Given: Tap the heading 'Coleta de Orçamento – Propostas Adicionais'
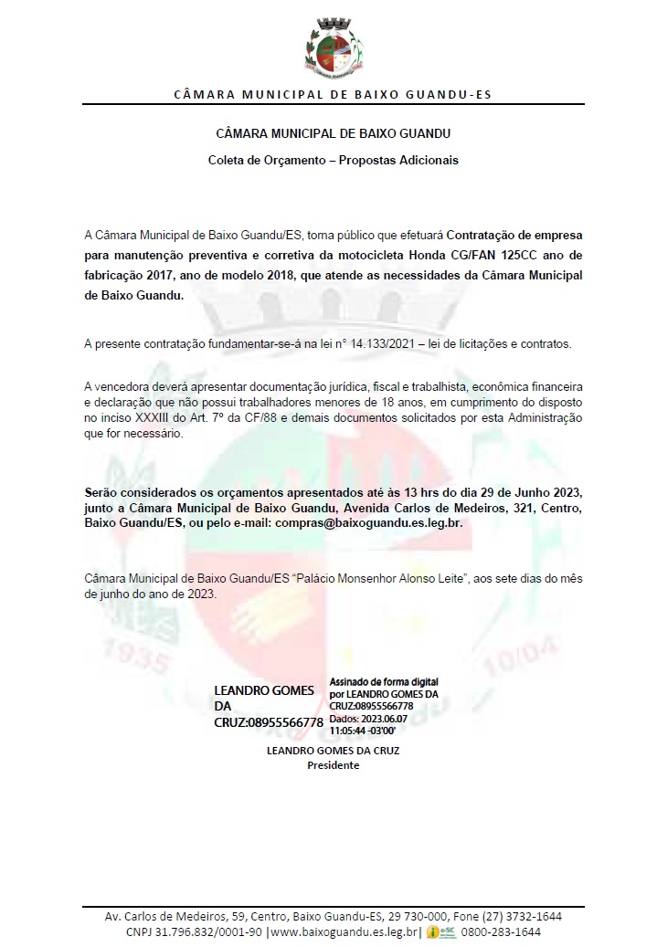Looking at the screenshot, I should coord(333,160).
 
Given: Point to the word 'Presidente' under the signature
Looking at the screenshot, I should coord(333,765).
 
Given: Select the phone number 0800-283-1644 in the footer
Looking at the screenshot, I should coord(501,931).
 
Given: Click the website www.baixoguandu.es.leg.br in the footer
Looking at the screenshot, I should coord(344,931).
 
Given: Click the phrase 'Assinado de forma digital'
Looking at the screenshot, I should coord(384,681).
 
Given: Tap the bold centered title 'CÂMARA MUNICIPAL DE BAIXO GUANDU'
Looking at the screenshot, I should coord(333,134).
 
